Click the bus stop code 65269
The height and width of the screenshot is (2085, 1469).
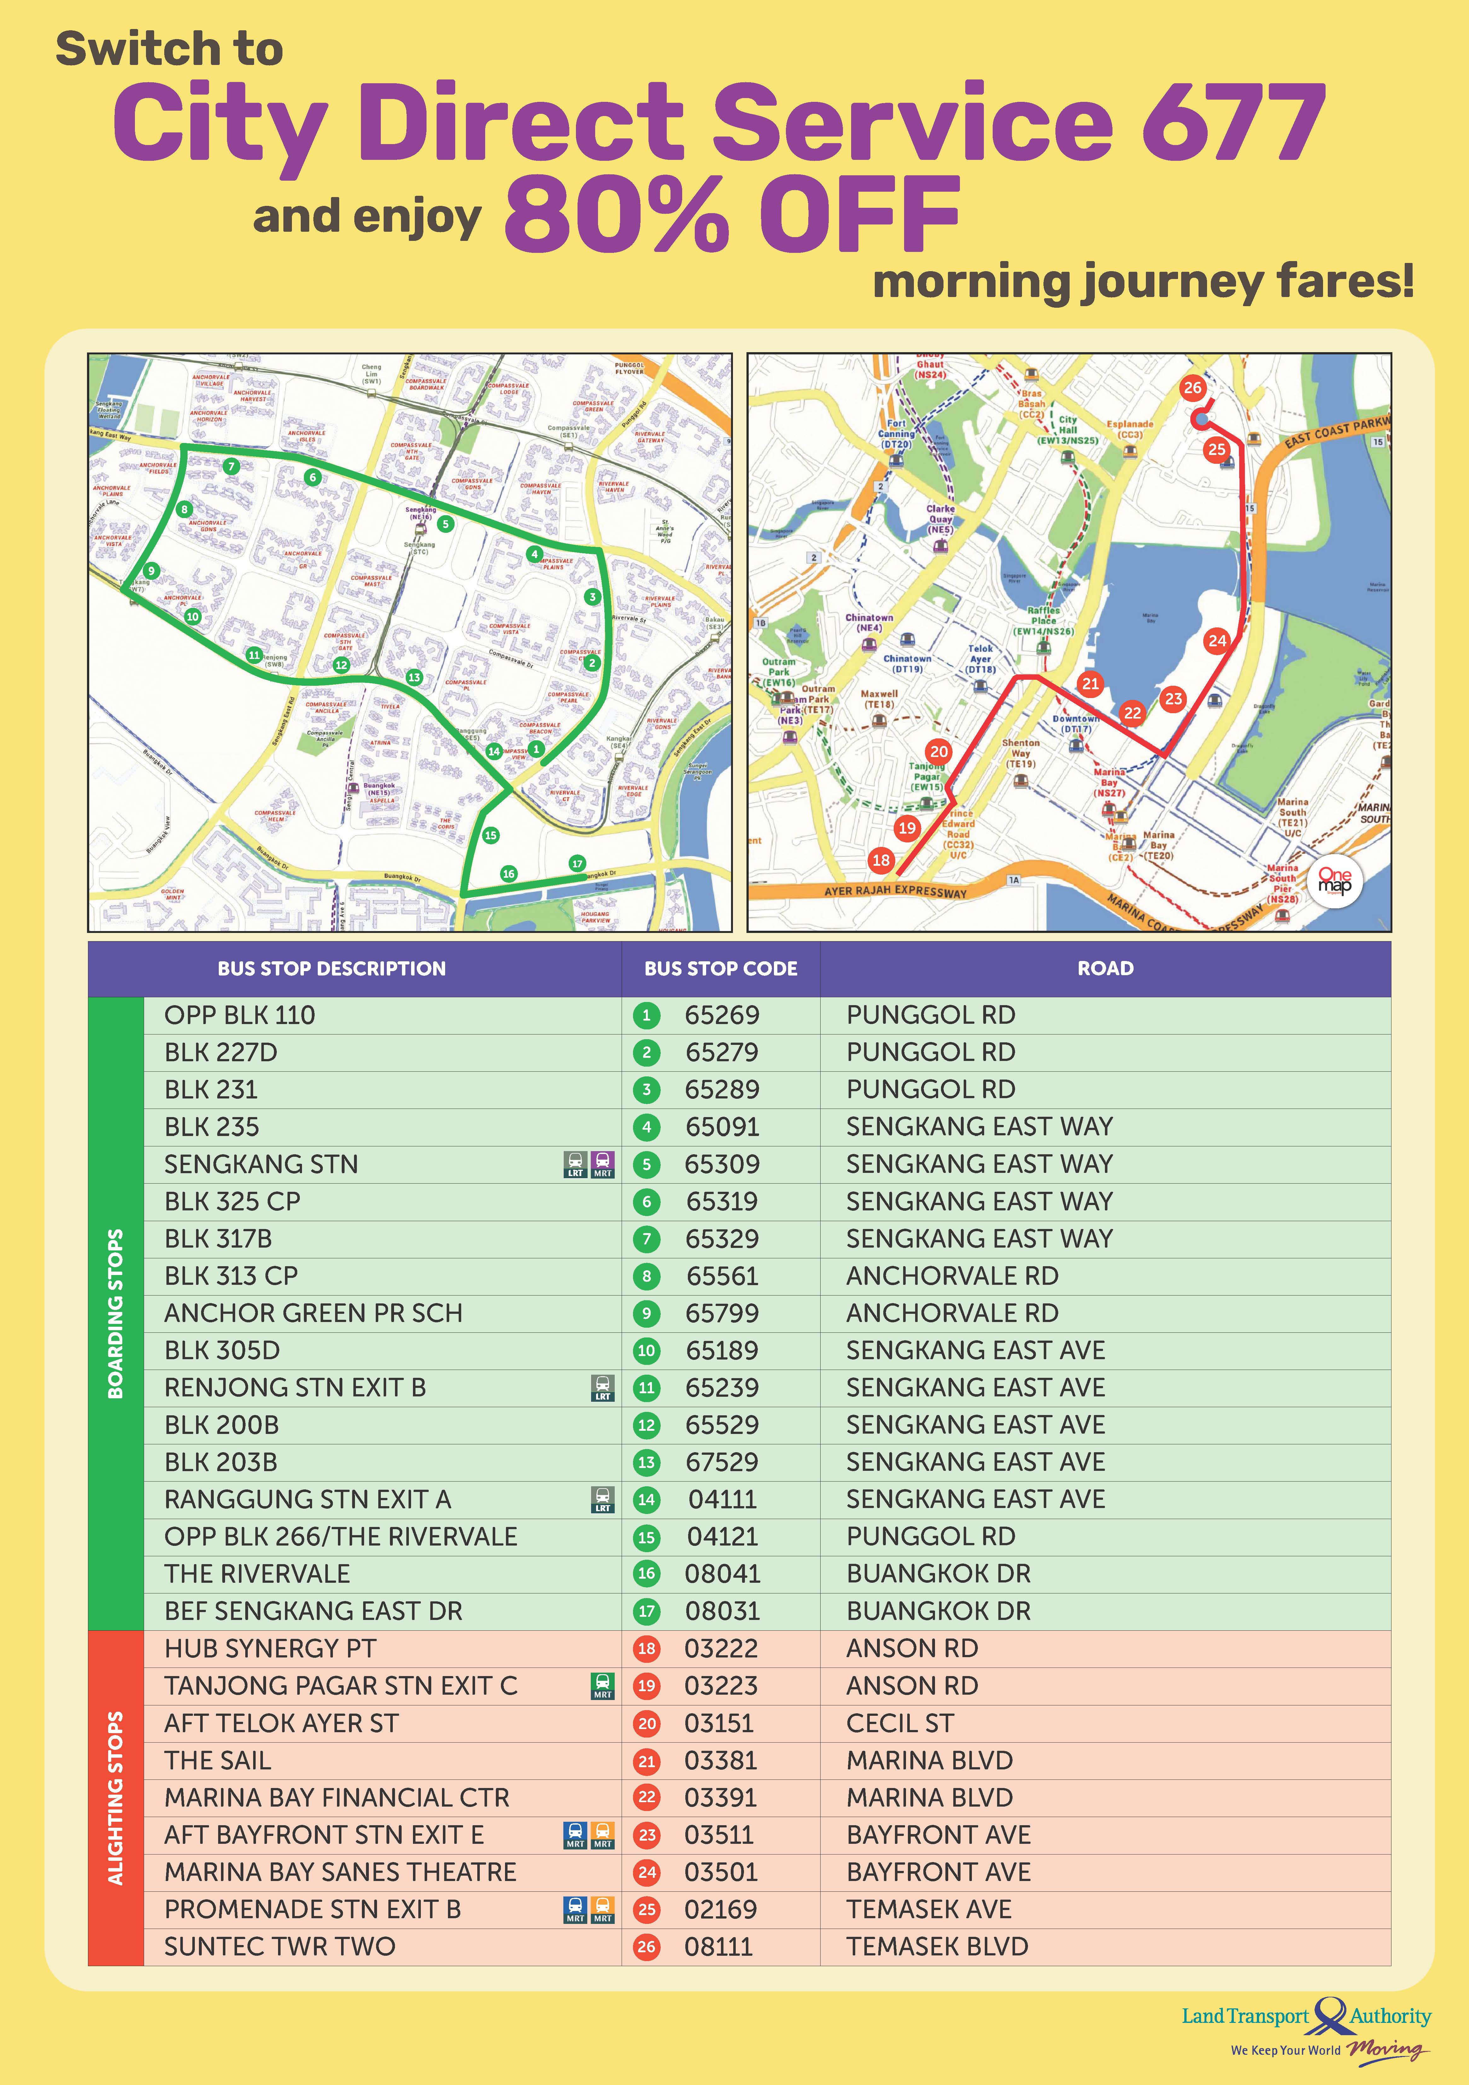(722, 1015)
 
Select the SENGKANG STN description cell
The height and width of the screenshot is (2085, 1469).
(261, 1164)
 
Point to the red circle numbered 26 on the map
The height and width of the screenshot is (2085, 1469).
(1192, 388)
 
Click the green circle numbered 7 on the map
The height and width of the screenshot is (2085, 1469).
(231, 467)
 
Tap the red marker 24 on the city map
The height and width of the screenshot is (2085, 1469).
(1216, 640)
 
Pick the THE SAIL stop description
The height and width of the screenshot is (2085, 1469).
(218, 1761)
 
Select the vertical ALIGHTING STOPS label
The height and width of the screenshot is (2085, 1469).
(115, 1798)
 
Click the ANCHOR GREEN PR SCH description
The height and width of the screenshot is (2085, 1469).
(313, 1313)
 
